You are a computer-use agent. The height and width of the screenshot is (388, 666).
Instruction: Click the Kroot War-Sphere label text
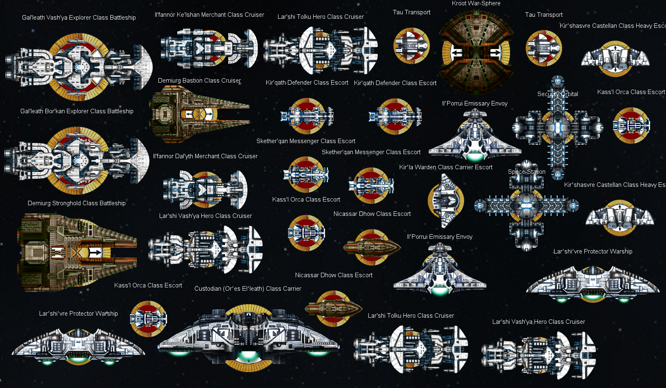[x=476, y=4]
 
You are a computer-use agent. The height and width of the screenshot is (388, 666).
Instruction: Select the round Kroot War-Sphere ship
[x=476, y=52]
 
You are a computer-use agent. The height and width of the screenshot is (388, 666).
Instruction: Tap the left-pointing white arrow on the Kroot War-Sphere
[x=456, y=53]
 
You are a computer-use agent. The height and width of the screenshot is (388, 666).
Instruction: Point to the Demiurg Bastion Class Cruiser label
[x=199, y=81]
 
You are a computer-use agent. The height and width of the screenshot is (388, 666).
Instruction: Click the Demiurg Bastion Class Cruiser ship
[x=196, y=114]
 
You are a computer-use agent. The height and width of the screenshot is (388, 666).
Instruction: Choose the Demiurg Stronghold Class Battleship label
[x=76, y=203]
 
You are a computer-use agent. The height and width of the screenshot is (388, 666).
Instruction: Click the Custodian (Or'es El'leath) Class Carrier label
[x=247, y=289]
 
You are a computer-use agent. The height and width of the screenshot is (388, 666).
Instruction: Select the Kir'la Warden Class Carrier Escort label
[x=445, y=167]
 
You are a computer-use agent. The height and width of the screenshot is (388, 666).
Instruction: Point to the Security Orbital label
[x=557, y=94]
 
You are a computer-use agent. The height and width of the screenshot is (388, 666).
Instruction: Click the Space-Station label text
[x=526, y=172]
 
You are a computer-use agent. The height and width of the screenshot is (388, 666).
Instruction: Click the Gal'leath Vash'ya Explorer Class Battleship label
[x=79, y=18]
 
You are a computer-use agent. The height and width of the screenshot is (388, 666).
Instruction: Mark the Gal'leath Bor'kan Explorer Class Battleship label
[x=77, y=111]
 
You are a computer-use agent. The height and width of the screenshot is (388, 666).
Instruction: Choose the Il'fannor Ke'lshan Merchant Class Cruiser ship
[x=208, y=48]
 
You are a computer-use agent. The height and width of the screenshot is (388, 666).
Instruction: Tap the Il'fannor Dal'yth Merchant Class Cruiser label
[x=205, y=156]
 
